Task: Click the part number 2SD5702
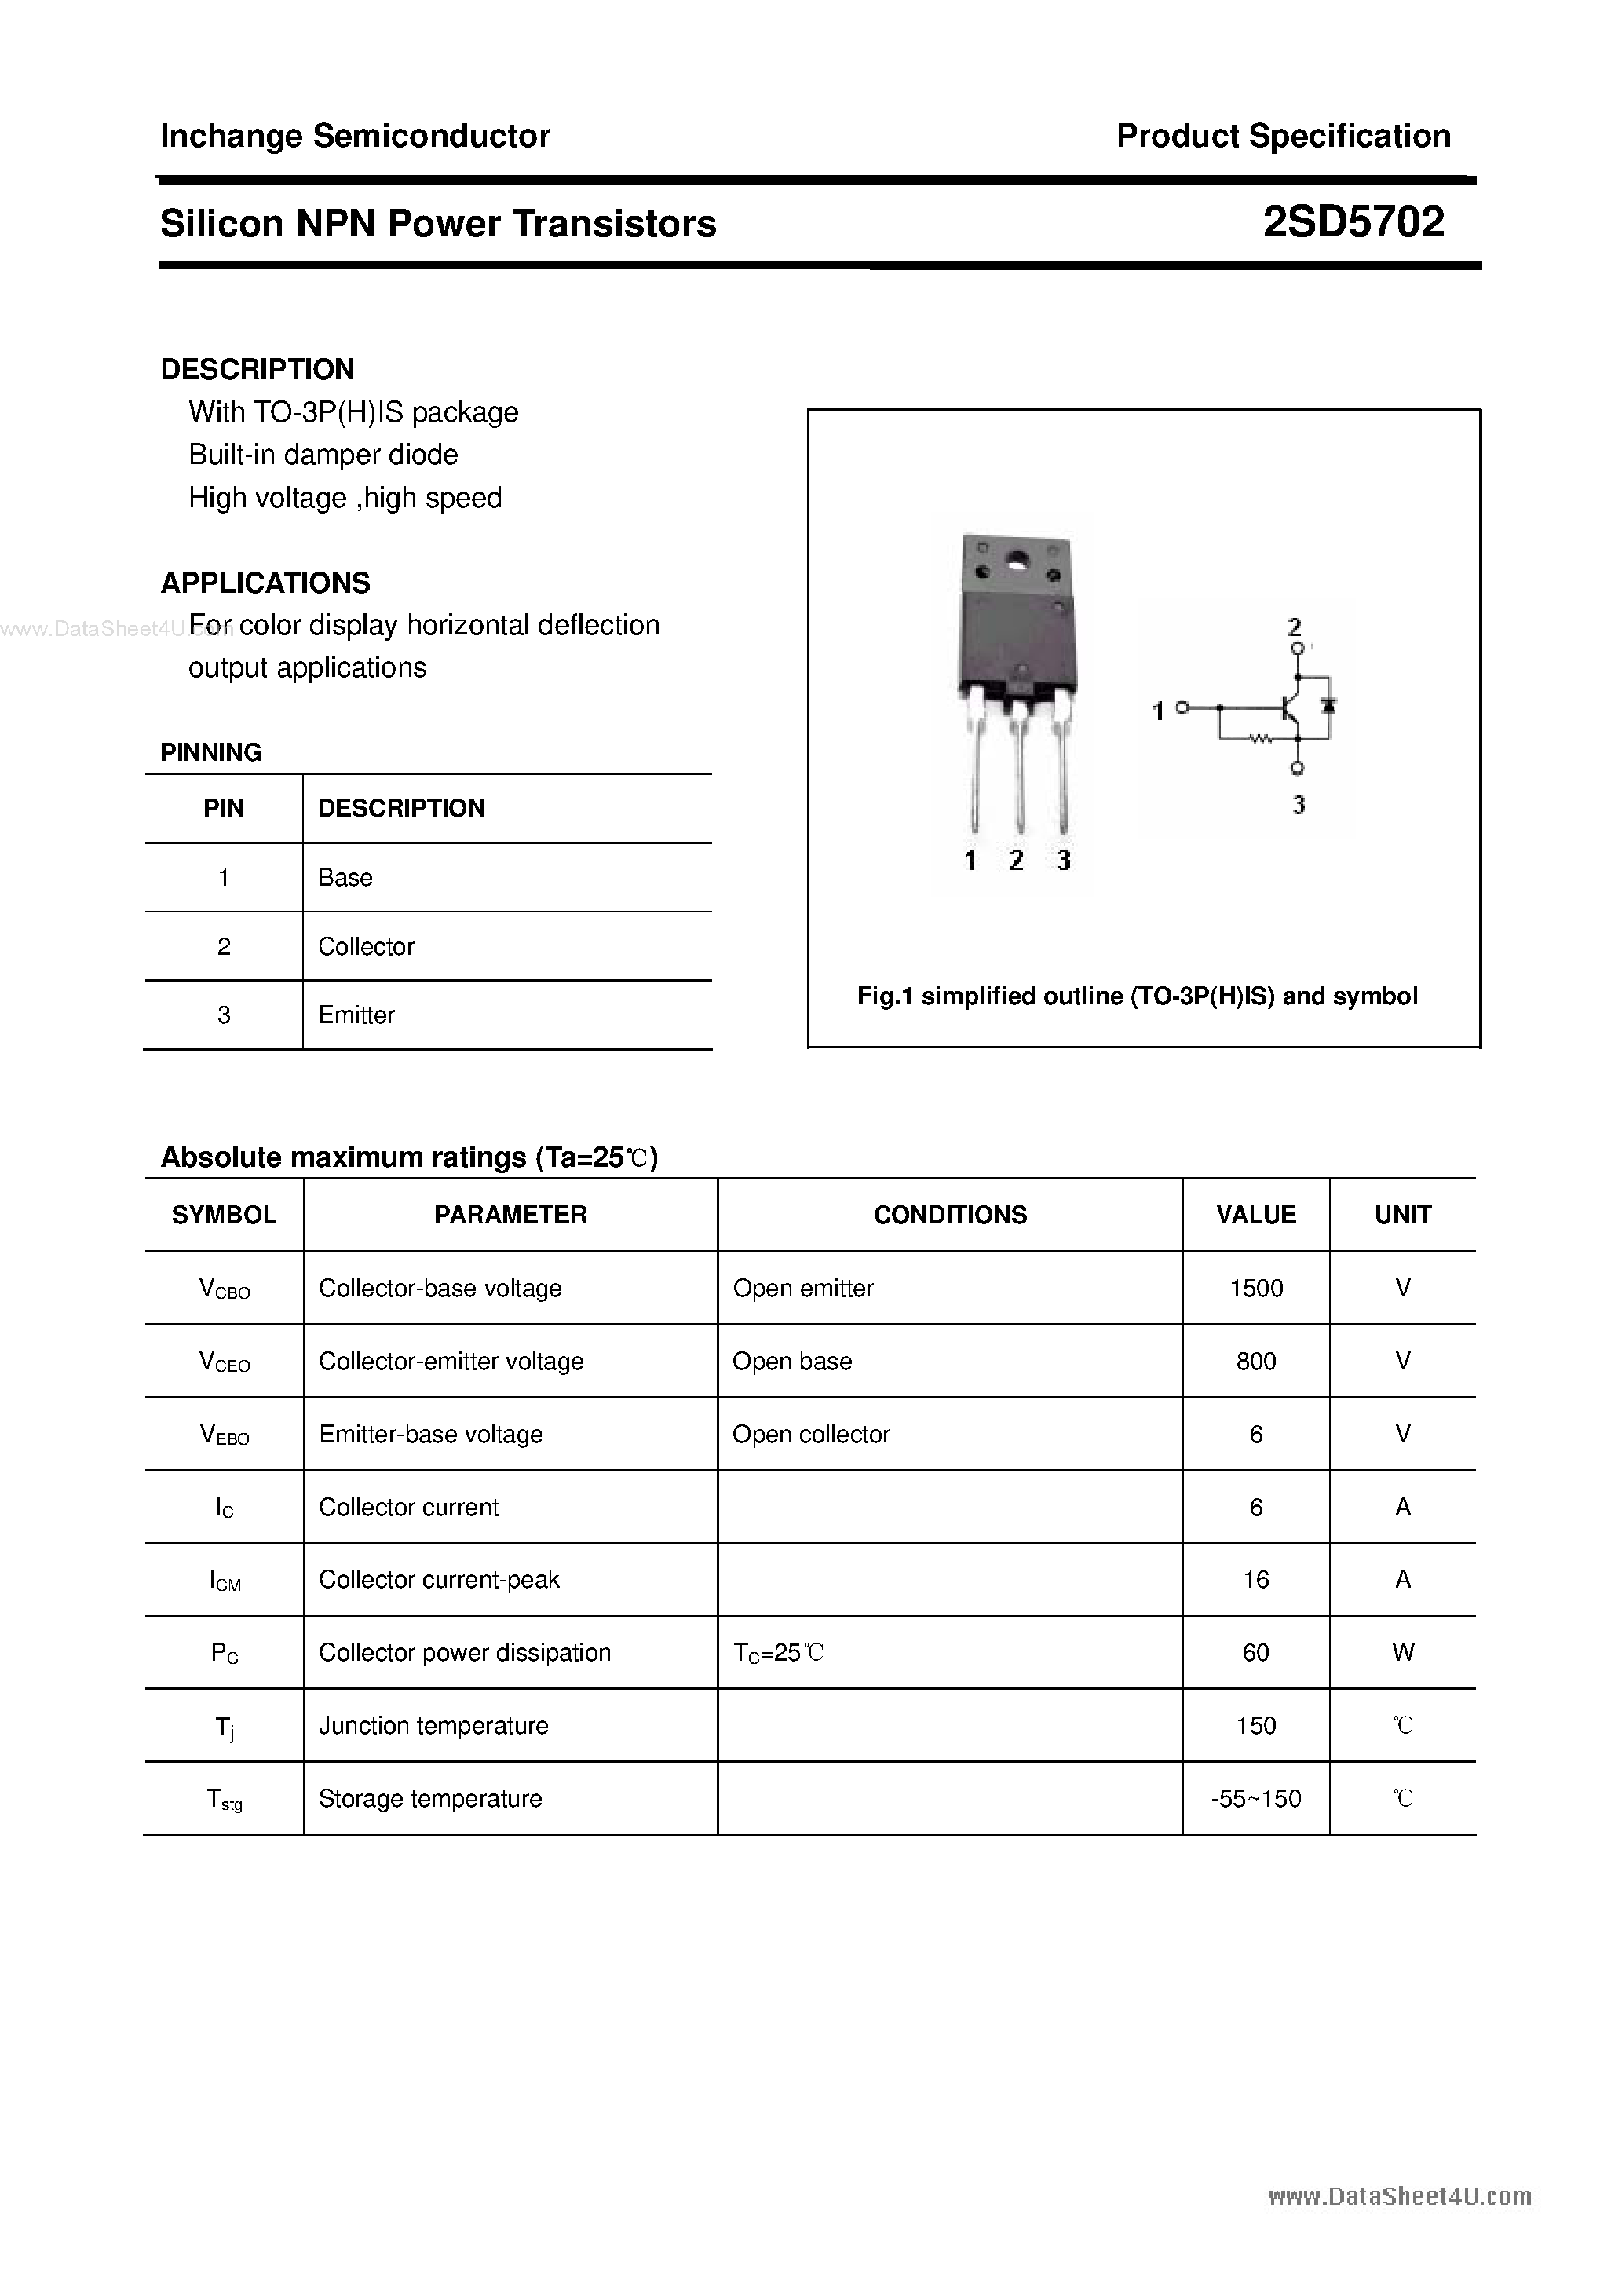[1353, 222]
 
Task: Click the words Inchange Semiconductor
[355, 136]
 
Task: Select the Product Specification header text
[1283, 136]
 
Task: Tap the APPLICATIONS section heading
[265, 582]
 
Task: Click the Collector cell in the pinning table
[366, 946]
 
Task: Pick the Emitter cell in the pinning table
[356, 1015]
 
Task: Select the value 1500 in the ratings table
[1255, 1288]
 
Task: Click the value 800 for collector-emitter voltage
[1255, 1361]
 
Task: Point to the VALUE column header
[1255, 1215]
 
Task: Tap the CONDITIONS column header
[949, 1215]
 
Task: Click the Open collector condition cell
[810, 1434]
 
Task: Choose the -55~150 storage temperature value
[1255, 1799]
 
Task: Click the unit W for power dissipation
[1402, 1652]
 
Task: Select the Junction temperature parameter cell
[433, 1725]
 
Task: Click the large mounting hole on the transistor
[1018, 561]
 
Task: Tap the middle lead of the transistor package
[1018, 770]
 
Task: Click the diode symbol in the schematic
[1328, 705]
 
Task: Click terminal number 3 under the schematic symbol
[1298, 805]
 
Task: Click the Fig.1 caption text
[1137, 996]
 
